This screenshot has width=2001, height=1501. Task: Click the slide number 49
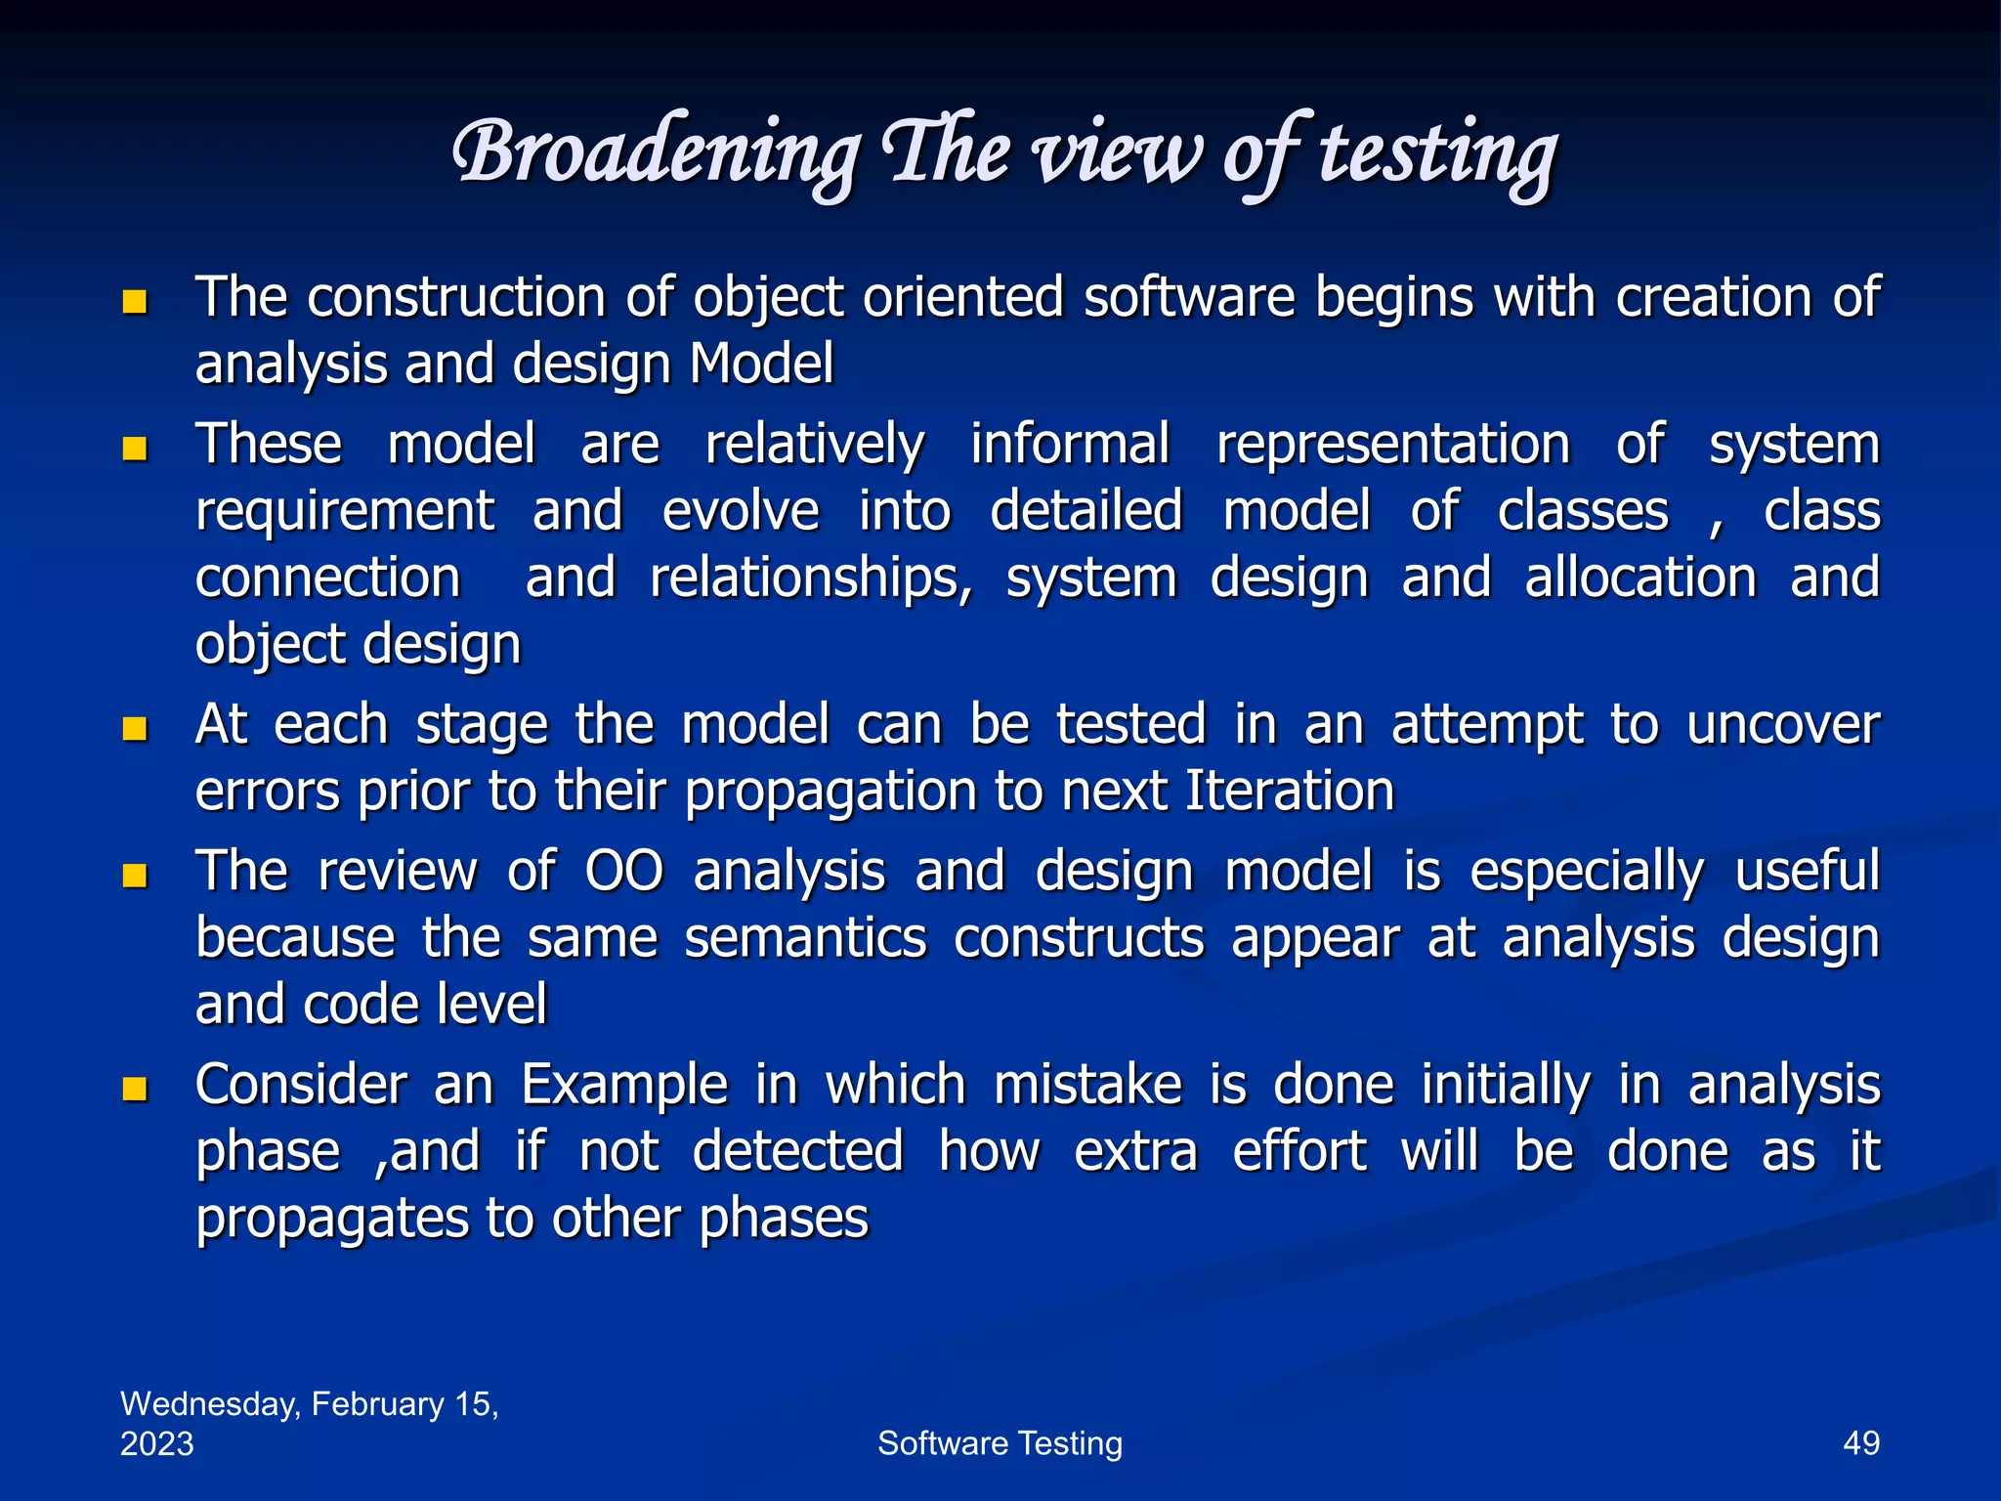(x=1860, y=1443)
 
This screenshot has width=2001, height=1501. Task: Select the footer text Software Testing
(x=1000, y=1443)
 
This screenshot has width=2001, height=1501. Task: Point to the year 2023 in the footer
(x=156, y=1443)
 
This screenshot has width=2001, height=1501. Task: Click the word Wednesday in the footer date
(x=209, y=1404)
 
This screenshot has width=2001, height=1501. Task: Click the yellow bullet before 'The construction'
(x=135, y=302)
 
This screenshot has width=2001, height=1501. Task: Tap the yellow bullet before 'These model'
(x=135, y=450)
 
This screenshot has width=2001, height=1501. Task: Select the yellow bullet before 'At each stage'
(x=135, y=729)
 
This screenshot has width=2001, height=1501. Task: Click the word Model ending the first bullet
(x=761, y=365)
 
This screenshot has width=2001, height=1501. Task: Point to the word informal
(x=1069, y=445)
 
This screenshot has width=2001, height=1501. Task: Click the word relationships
(x=811, y=579)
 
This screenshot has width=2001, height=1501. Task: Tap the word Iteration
(x=1289, y=791)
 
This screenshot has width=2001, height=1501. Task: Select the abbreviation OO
(x=623, y=871)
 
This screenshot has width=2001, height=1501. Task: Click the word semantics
(x=805, y=938)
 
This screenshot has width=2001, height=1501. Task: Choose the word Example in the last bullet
(x=624, y=1085)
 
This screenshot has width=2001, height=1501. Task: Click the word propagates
(x=331, y=1220)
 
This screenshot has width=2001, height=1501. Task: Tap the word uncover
(x=1782, y=725)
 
